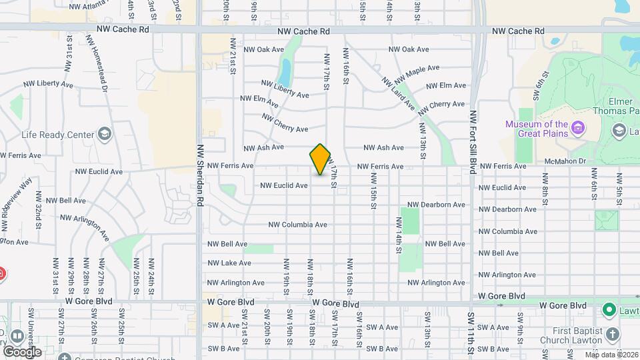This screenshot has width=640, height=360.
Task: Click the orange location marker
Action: [x=321, y=159]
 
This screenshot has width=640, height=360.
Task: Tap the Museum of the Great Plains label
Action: [x=536, y=129]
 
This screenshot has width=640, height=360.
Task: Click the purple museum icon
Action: [x=578, y=127]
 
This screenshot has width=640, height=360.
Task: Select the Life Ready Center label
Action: [x=59, y=135]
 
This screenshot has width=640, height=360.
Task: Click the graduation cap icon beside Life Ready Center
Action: [x=104, y=135]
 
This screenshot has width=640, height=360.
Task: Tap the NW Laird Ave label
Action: [x=399, y=93]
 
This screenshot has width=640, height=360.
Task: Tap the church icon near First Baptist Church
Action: [x=613, y=333]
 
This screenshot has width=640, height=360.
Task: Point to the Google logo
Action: [x=22, y=351]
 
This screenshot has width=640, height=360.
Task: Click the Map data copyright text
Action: [x=610, y=354]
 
